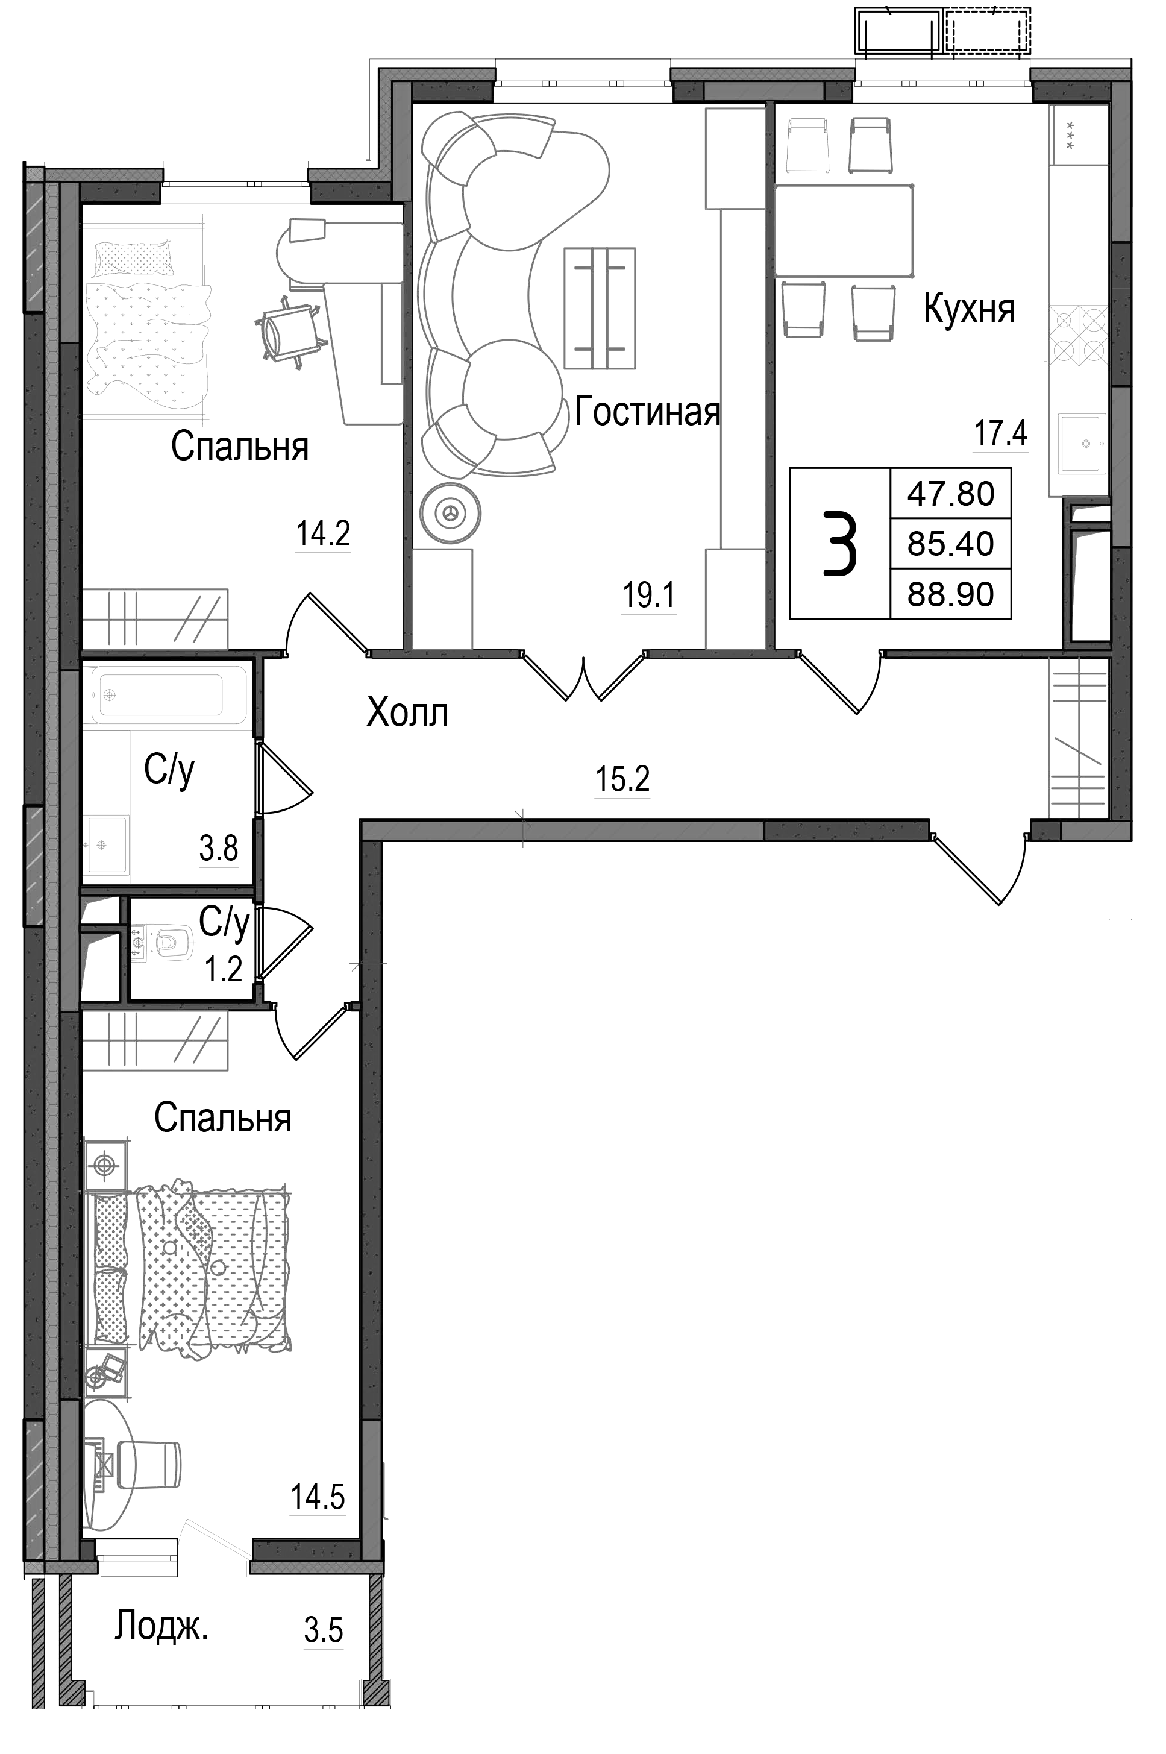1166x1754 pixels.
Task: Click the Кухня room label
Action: click(x=969, y=309)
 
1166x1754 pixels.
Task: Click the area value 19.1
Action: click(x=648, y=596)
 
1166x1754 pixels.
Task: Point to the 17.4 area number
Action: click(x=1000, y=433)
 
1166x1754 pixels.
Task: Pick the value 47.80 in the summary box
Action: click(x=950, y=494)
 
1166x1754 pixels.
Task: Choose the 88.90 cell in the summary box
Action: click(x=950, y=594)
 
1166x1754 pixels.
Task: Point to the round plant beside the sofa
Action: click(x=450, y=512)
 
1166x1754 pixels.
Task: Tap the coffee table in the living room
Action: click(x=600, y=308)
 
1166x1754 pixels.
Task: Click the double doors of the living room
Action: click(x=585, y=678)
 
